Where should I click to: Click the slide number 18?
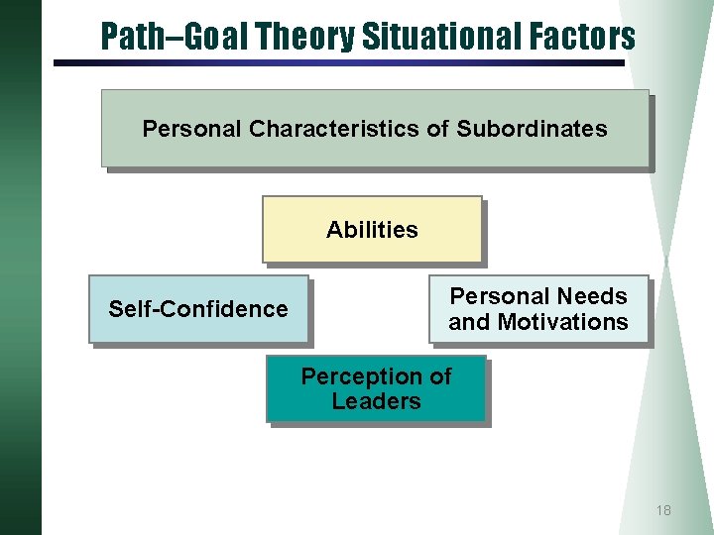663,510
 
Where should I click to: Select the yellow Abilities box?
372,230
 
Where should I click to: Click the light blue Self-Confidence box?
198,309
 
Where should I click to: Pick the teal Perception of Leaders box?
376,389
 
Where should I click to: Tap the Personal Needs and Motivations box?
538,309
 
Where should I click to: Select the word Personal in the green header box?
192,129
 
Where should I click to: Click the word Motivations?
565,322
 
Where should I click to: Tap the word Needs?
593,296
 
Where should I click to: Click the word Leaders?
376,401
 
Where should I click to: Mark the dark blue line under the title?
337,63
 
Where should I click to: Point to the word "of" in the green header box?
442,129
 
